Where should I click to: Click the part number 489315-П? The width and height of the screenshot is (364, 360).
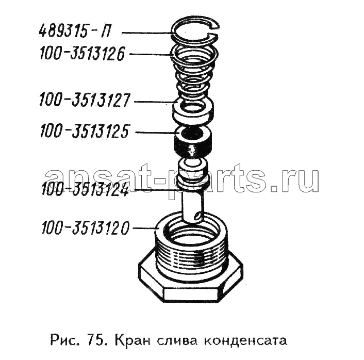click(x=74, y=31)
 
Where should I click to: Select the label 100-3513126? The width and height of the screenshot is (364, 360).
click(x=82, y=54)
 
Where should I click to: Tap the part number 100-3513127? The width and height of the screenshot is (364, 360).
click(x=84, y=100)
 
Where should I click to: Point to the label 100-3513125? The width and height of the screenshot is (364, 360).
click(x=85, y=131)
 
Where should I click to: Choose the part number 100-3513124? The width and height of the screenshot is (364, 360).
click(x=85, y=189)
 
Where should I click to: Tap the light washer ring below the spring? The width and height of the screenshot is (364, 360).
click(x=193, y=116)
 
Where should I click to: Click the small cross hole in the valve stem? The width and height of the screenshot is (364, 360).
click(x=197, y=215)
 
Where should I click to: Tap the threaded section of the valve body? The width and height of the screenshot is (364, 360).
click(x=192, y=254)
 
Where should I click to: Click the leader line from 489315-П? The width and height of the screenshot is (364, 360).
click(x=147, y=33)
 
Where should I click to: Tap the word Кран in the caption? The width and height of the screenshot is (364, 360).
click(x=132, y=341)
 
